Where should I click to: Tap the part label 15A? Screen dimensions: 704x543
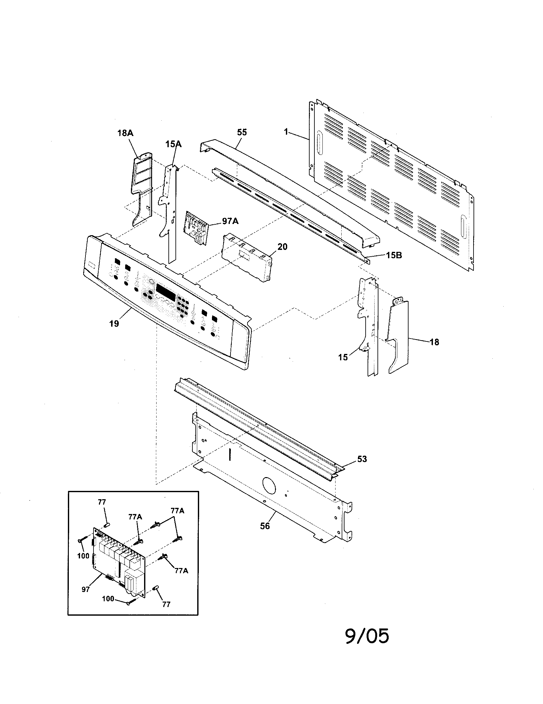click(174, 144)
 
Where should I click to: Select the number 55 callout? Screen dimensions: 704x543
click(242, 132)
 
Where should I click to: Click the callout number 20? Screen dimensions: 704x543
click(282, 247)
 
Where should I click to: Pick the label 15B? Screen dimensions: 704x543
click(394, 255)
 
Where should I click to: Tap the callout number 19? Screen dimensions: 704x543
click(114, 323)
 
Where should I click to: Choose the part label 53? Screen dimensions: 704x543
click(362, 459)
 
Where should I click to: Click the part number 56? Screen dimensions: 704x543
click(265, 526)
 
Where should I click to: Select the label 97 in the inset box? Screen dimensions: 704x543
click(85, 590)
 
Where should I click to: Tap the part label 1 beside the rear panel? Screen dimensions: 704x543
click(286, 132)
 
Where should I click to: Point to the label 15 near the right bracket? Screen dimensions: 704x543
click(343, 357)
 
